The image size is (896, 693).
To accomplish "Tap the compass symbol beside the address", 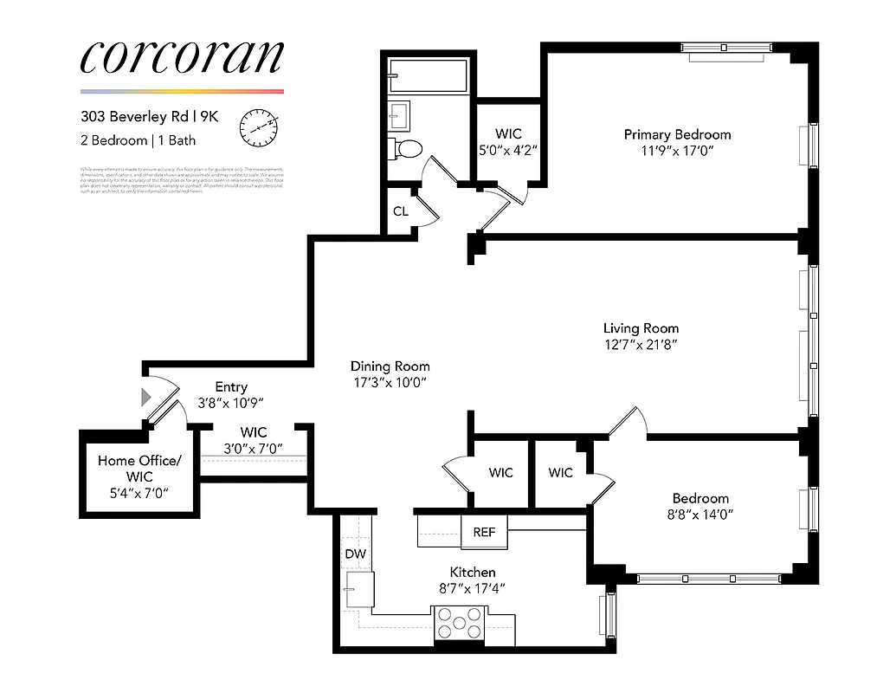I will tap(258, 126).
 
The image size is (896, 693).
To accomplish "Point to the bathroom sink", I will tap(401, 113).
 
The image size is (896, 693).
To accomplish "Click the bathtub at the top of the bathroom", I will tap(429, 76).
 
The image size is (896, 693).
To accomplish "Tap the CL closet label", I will tap(401, 211).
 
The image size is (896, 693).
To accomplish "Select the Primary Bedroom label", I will tap(677, 134).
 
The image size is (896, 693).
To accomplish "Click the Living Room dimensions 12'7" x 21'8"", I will tap(641, 344).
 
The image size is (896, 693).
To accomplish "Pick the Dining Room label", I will tap(390, 366).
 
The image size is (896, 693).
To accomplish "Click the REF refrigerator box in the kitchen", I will tap(484, 532).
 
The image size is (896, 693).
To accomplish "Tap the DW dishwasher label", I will tap(355, 554).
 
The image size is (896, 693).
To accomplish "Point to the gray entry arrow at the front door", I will tap(146, 397).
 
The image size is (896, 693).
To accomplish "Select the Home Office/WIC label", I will tap(139, 469).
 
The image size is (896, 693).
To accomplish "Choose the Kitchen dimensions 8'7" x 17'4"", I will tap(473, 588).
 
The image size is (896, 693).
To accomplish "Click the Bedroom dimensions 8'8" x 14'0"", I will tap(700, 514).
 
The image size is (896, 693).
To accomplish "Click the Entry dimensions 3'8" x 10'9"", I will tap(231, 402).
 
